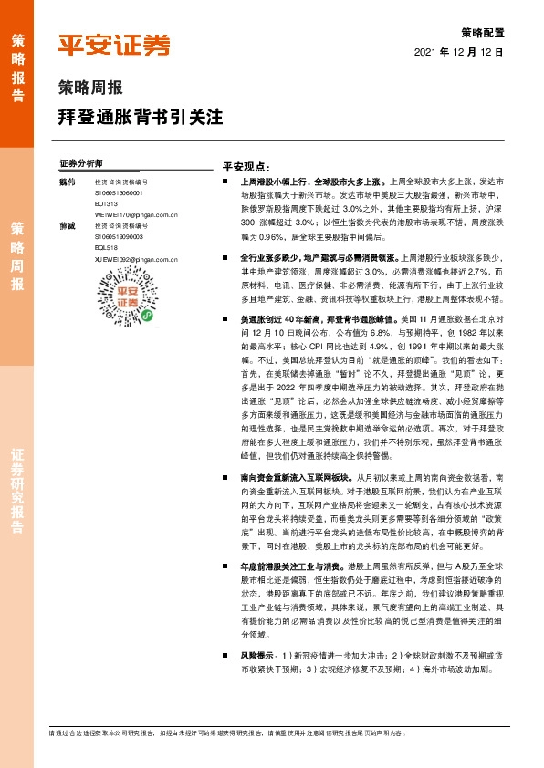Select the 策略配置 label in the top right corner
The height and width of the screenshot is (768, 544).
point(484,32)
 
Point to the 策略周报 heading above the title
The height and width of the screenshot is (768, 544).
point(89,89)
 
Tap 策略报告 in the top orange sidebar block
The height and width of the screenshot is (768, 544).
point(17,68)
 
